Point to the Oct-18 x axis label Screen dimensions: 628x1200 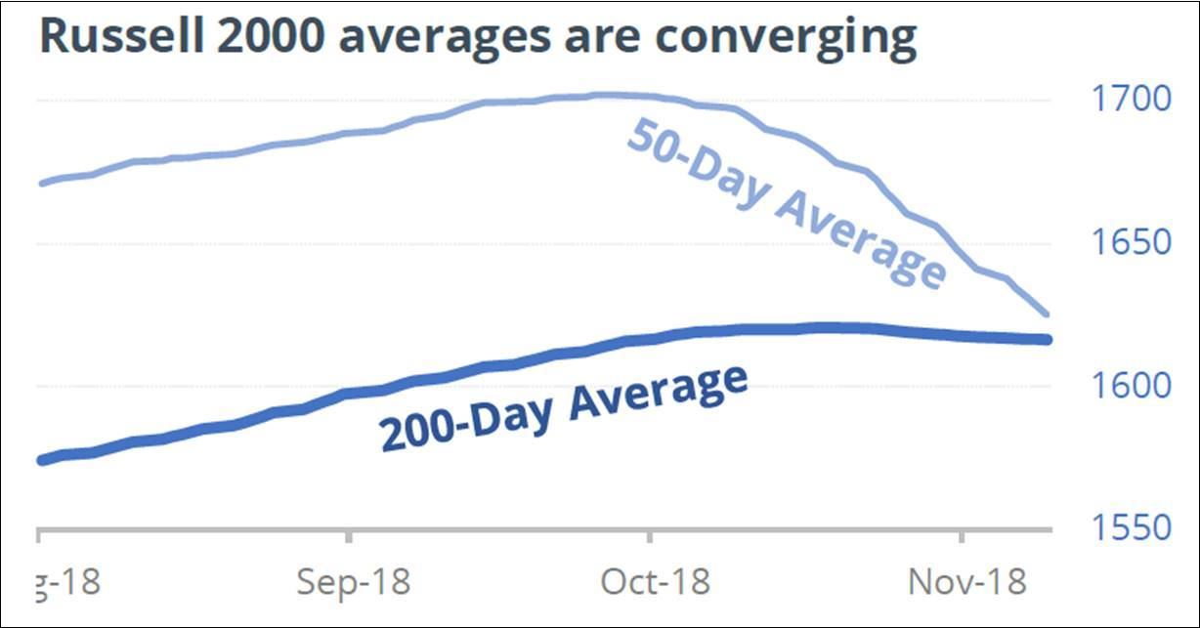pyautogui.click(x=652, y=583)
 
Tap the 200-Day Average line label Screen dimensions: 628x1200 pyautogui.click(x=564, y=407)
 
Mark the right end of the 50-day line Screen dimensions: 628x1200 pyautogui.click(x=1048, y=314)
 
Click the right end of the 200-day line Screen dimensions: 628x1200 pyautogui.click(x=1048, y=339)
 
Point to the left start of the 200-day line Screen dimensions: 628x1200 pyautogui.click(x=40, y=460)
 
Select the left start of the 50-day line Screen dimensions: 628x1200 pyautogui.click(x=40, y=183)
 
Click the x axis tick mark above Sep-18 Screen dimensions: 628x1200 pyautogui.click(x=349, y=536)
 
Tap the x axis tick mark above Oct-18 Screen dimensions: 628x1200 pyautogui.click(x=650, y=536)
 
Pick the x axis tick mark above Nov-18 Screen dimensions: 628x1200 pyautogui.click(x=963, y=536)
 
